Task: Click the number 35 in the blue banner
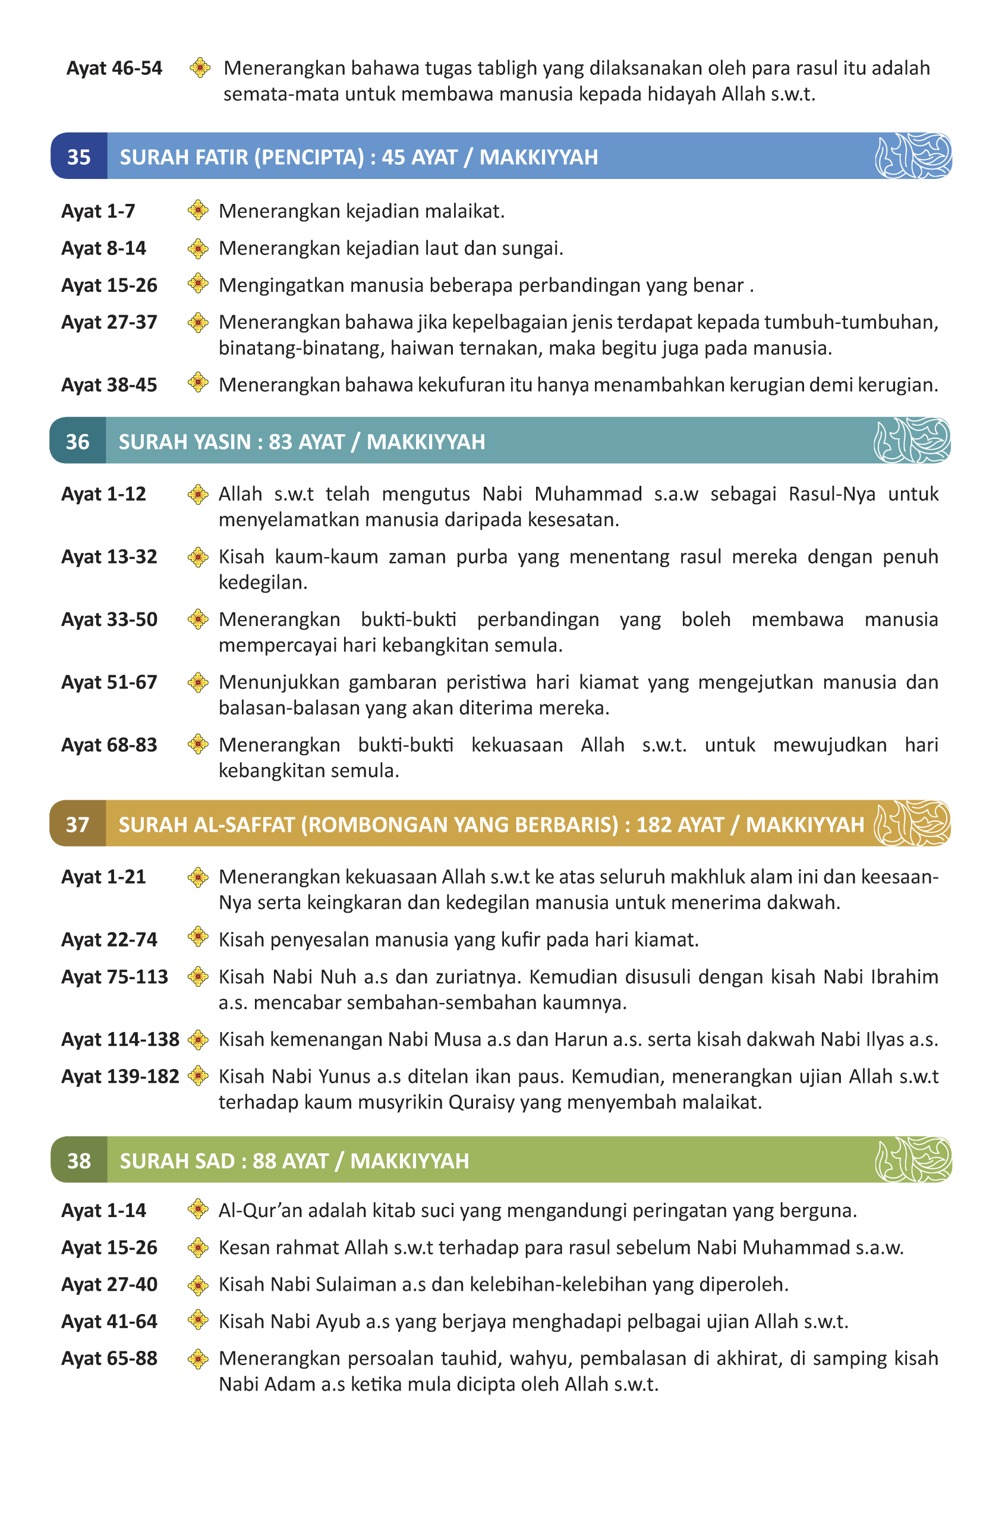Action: pyautogui.click(x=78, y=157)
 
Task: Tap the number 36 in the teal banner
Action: pyautogui.click(x=77, y=441)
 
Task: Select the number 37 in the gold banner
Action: pyautogui.click(x=77, y=824)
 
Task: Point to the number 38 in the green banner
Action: pyautogui.click(x=78, y=1161)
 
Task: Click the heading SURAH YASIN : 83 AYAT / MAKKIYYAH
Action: pyautogui.click(x=301, y=441)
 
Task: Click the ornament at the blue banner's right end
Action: pyautogui.click(x=912, y=155)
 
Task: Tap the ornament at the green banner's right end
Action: pyautogui.click(x=912, y=1159)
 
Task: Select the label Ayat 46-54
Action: pyautogui.click(x=114, y=68)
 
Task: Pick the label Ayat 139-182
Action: pyautogui.click(x=119, y=1076)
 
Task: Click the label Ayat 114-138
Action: pyautogui.click(x=119, y=1039)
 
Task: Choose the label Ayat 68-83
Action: pyautogui.click(x=109, y=744)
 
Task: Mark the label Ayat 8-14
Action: pyautogui.click(x=103, y=248)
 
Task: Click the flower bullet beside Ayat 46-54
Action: pyautogui.click(x=200, y=67)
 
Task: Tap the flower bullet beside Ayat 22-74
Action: pyautogui.click(x=198, y=938)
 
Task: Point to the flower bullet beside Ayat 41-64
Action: pyautogui.click(x=198, y=1320)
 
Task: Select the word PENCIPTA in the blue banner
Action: pyautogui.click(x=309, y=157)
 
